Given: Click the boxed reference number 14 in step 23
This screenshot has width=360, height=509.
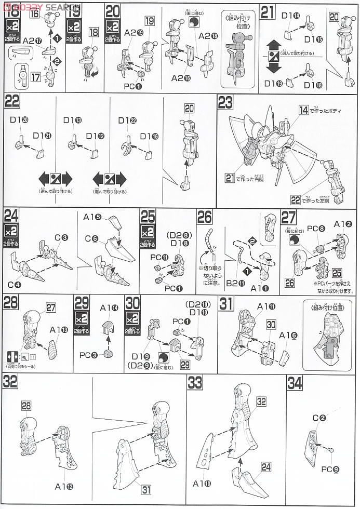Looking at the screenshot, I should (303, 110).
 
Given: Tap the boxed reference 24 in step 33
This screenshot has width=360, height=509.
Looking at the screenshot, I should (266, 467).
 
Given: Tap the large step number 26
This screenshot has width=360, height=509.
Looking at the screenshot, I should (205, 216).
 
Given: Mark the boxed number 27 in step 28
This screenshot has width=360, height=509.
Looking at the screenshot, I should (50, 307).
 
